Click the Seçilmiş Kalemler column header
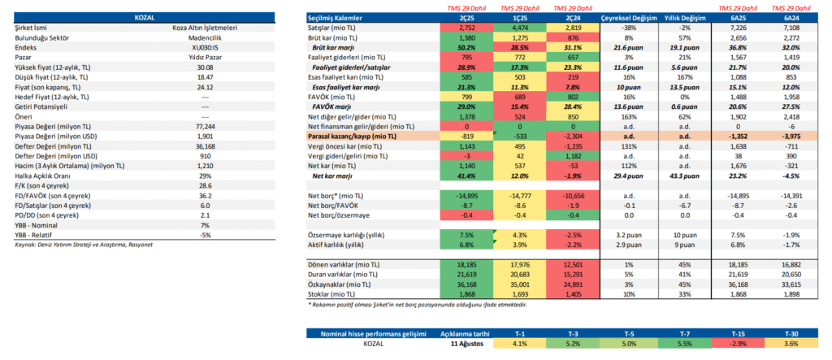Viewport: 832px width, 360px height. (x=335, y=17)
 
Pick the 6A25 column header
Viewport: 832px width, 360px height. (x=740, y=17)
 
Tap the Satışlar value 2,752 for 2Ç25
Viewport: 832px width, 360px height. (x=467, y=28)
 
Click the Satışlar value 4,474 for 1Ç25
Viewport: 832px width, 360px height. (x=519, y=28)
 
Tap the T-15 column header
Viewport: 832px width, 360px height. (x=740, y=333)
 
